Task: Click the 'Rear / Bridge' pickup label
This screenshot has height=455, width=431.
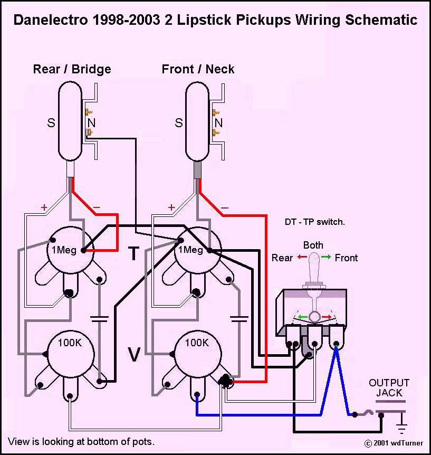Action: click(72, 69)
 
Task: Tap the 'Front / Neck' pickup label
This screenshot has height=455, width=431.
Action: click(198, 69)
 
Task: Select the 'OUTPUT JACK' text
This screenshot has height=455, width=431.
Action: click(389, 388)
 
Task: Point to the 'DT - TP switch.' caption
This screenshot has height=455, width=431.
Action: click(314, 222)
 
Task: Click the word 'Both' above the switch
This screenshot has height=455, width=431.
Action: click(313, 245)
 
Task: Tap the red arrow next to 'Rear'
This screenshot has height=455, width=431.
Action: click(302, 258)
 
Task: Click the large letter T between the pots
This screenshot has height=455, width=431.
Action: click(134, 254)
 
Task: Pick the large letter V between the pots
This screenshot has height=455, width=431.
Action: click(134, 355)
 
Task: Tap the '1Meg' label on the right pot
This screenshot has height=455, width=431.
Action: click(190, 250)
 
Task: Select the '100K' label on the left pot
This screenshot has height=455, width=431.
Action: click(70, 343)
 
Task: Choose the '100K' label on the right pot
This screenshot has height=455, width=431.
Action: click(197, 343)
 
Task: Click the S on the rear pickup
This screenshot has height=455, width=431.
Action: click(51, 123)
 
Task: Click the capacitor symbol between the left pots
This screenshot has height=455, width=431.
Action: click(99, 318)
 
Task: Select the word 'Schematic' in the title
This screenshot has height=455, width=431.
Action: click(380, 20)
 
